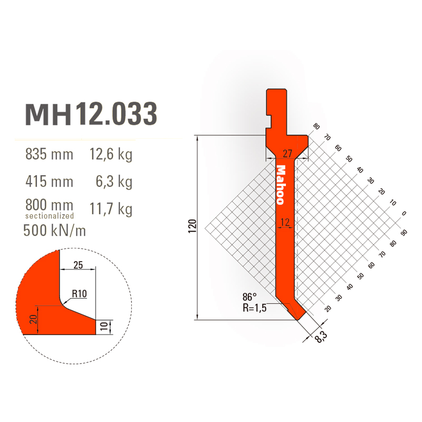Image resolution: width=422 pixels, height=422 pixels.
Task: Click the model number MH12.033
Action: click(x=91, y=114)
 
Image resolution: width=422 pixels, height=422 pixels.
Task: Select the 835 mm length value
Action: click(x=49, y=154)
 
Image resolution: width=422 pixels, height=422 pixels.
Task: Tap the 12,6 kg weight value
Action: click(x=111, y=155)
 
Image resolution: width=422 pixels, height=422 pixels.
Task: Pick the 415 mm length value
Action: click(x=49, y=181)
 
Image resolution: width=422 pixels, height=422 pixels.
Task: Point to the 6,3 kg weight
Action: click(x=114, y=182)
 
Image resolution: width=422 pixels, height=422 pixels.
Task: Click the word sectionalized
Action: click(x=50, y=216)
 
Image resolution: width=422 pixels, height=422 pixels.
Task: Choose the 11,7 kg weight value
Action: click(x=111, y=209)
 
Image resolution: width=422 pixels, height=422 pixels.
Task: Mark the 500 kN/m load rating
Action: click(x=55, y=231)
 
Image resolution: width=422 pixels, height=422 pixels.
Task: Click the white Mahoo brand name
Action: click(x=281, y=185)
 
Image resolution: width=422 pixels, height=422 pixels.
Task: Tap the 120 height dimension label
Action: click(x=193, y=226)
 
